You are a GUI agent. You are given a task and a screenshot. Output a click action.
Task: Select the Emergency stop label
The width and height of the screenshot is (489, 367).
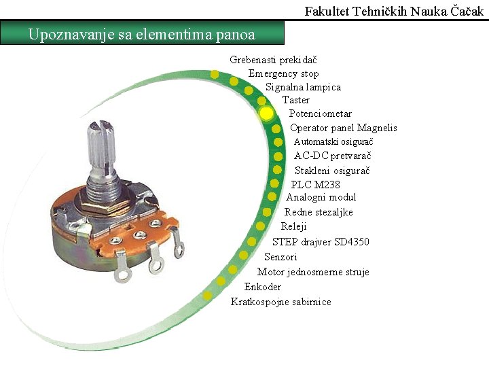point(283,73)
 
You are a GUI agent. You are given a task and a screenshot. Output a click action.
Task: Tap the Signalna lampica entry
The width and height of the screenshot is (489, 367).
point(303,87)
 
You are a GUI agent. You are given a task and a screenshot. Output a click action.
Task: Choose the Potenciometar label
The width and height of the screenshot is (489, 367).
point(321,113)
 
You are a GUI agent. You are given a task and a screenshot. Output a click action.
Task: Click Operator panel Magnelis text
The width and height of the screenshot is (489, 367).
point(343,128)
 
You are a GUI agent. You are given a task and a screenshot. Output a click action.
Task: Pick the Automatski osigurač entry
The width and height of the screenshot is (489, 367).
point(333,141)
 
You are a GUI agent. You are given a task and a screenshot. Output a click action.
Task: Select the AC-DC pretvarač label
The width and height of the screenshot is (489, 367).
point(332,156)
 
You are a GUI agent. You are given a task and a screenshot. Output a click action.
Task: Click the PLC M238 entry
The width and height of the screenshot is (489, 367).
point(315,184)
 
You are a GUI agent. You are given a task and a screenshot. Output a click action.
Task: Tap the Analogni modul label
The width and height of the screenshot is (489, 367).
point(321,197)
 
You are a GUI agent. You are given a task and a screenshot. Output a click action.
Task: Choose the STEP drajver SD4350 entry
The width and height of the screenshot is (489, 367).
point(321,242)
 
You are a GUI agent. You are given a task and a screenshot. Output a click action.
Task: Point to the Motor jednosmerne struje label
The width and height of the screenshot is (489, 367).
point(313,272)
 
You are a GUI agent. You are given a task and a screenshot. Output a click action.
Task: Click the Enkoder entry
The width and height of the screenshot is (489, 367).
point(262,287)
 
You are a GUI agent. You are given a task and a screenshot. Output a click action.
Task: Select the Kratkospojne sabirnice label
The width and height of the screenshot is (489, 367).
point(280,302)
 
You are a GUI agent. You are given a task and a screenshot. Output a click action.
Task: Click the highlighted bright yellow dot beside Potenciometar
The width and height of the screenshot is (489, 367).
point(266,113)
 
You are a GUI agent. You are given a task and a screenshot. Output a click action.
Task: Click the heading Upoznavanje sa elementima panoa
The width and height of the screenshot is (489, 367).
point(142,33)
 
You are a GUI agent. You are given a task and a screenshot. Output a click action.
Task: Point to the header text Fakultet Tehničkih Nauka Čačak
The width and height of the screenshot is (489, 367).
point(395,11)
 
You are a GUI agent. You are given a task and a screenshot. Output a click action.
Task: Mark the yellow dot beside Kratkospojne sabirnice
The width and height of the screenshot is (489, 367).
point(207,295)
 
